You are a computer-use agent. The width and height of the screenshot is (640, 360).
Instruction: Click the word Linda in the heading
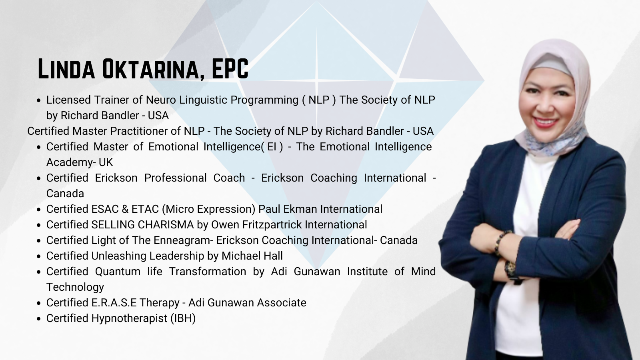[x=66, y=68]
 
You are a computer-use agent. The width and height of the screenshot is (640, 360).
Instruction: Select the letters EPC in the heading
[x=230, y=68]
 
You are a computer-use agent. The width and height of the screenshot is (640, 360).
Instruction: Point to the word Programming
[x=264, y=100]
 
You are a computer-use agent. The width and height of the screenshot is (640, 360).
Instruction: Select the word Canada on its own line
[x=65, y=194]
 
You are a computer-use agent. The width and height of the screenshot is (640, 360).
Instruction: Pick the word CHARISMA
[x=166, y=225]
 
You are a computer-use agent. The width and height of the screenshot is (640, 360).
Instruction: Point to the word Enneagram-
[x=184, y=241]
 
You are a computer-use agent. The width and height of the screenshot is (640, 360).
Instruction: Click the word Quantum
[x=118, y=272]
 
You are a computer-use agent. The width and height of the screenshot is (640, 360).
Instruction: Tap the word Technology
[x=75, y=287]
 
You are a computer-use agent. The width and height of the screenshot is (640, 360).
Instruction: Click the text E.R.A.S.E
[x=114, y=302]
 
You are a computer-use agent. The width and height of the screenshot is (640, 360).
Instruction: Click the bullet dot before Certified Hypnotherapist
[x=40, y=319]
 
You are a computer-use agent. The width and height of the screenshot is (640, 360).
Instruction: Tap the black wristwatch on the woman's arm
[x=510, y=270]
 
